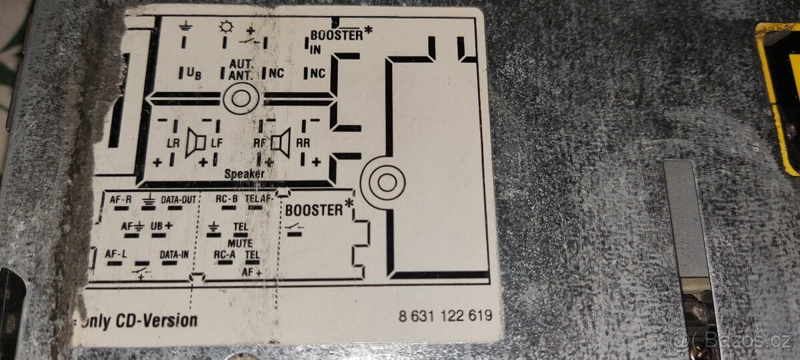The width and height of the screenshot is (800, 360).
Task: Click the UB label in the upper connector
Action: pyautogui.click(x=194, y=74)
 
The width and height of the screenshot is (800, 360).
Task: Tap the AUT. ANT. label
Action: pyautogui.click(x=240, y=69)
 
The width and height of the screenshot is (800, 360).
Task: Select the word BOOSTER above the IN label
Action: pyautogui.click(x=337, y=35)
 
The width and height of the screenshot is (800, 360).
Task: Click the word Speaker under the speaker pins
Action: pyautogui.click(x=244, y=174)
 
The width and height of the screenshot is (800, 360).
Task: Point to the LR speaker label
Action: pyautogui.click(x=173, y=142)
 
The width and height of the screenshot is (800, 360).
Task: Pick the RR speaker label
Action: pyautogui.click(x=303, y=142)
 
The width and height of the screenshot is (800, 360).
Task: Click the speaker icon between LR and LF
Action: pyautogui.click(x=195, y=142)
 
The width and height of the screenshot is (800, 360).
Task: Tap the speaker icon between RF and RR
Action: pyautogui.click(x=282, y=142)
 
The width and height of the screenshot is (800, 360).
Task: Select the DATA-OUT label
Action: pyautogui.click(x=179, y=199)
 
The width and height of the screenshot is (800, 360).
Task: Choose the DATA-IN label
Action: pyautogui.click(x=174, y=254)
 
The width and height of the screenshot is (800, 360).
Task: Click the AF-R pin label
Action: pyautogui.click(x=120, y=199)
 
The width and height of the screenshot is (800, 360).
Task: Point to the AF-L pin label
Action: pyautogui.click(x=116, y=254)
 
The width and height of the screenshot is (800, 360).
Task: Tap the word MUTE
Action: pyautogui.click(x=239, y=243)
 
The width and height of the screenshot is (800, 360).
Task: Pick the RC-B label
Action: pyautogui.click(x=227, y=199)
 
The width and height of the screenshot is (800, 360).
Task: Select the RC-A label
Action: pyautogui.click(x=225, y=254)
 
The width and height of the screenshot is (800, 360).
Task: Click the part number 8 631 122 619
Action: pyautogui.click(x=445, y=316)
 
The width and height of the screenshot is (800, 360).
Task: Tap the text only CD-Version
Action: pyautogui.click(x=139, y=321)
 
